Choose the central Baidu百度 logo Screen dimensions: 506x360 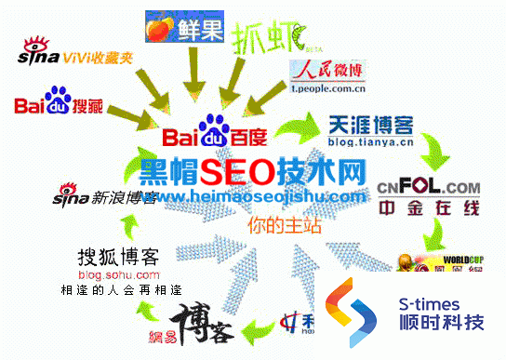point(214,136)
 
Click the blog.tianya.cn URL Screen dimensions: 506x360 point(371,144)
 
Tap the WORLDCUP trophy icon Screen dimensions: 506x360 point(410,263)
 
